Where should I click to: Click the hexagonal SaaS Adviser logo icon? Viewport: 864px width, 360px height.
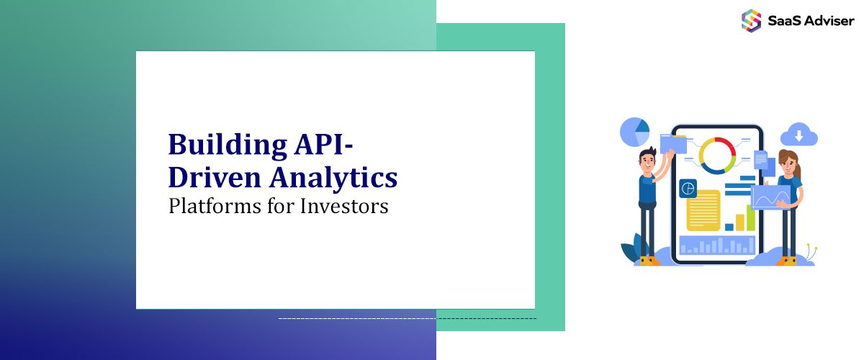751,20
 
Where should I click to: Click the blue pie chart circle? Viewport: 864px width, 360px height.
635,132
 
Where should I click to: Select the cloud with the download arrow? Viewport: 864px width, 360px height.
798,135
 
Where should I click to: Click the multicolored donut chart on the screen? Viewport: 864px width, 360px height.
717,155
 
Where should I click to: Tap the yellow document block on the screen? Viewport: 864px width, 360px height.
703,210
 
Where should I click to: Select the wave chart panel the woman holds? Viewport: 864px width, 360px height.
770,196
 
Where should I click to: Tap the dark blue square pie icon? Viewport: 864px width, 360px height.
688,188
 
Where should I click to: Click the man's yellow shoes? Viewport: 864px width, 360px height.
649,261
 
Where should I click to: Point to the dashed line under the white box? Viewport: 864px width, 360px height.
407,318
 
